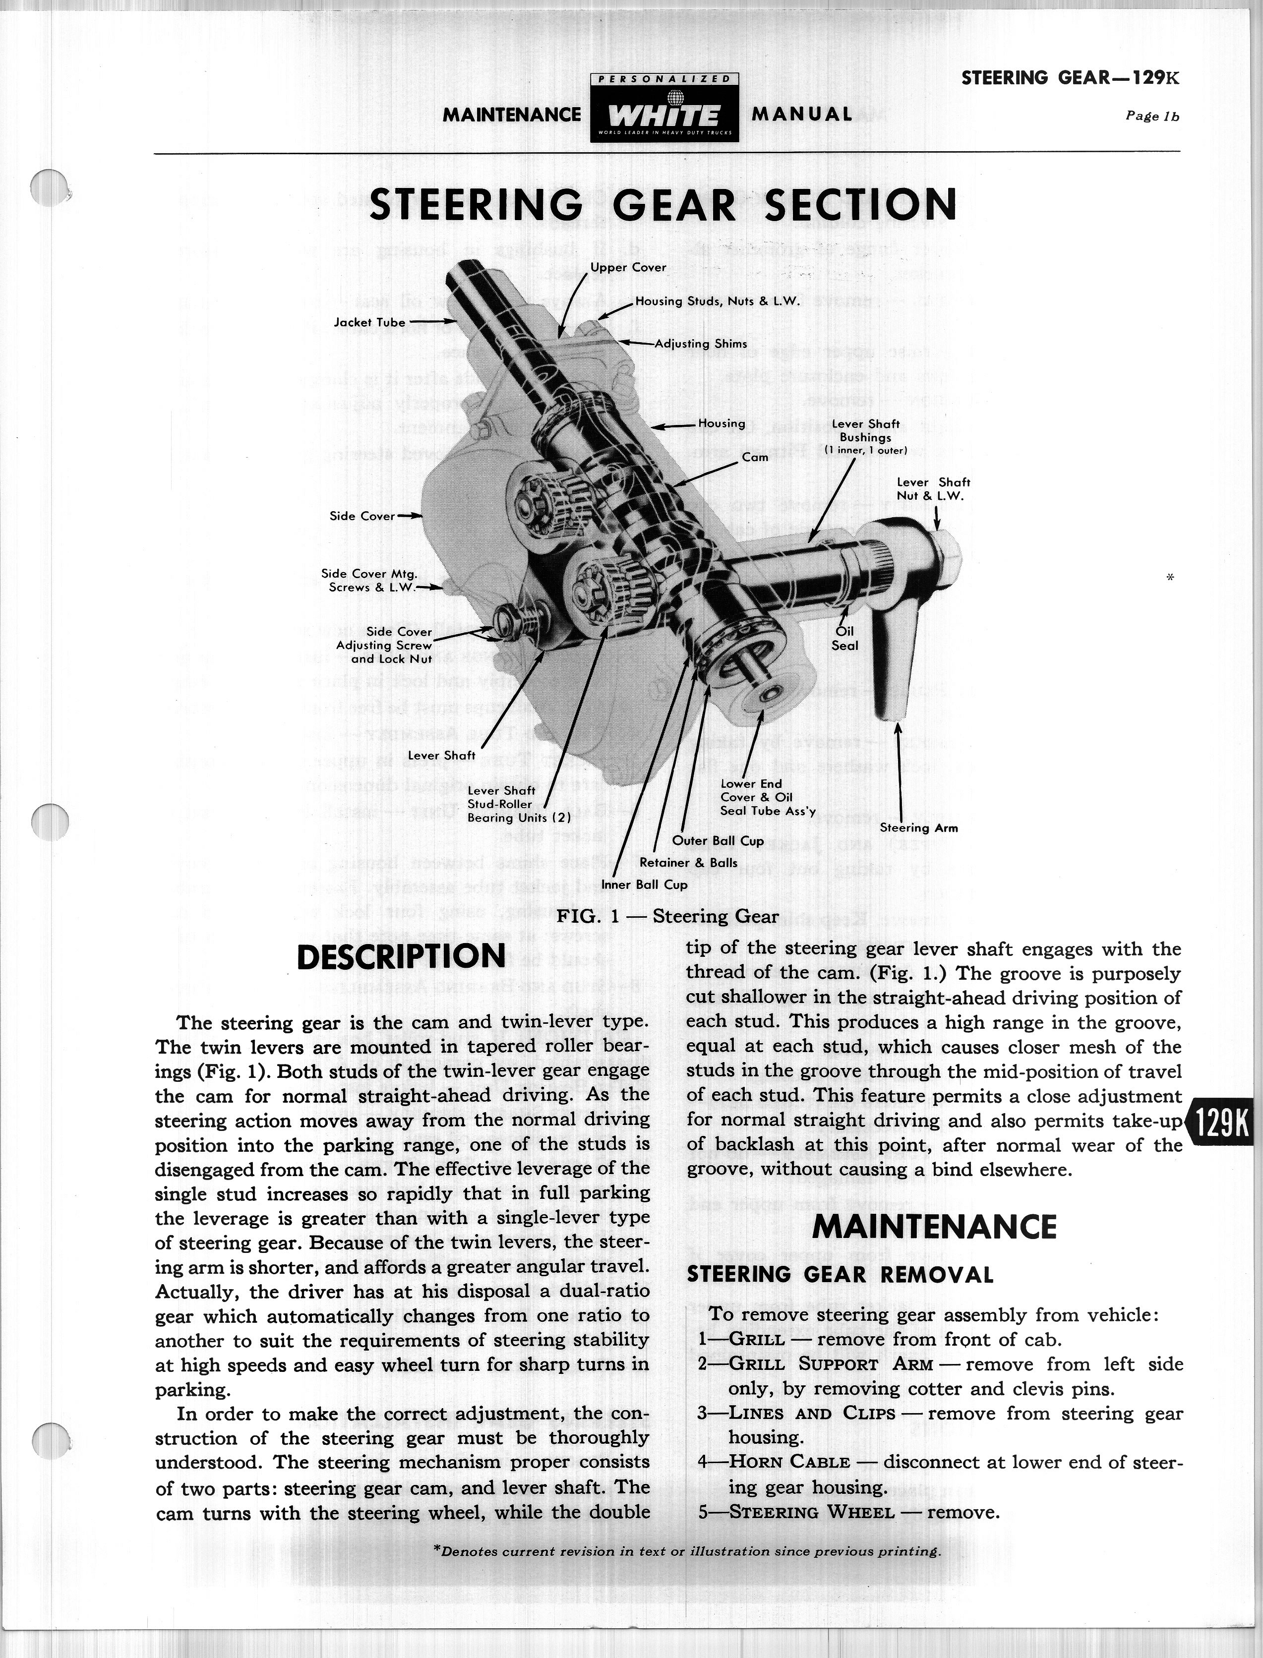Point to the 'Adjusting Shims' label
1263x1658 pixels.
point(701,344)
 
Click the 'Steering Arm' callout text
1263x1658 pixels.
point(919,828)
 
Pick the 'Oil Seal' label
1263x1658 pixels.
point(845,638)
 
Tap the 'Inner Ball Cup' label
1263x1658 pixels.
point(644,885)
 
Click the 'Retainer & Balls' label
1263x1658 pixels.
point(688,863)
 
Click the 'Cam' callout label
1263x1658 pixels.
point(755,457)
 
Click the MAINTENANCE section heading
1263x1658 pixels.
point(934,1227)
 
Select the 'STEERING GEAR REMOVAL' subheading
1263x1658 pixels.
point(840,1275)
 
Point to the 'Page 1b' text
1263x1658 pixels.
point(1152,117)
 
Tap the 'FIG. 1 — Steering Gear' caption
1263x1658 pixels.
point(667,916)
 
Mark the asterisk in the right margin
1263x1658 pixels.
point(1170,577)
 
